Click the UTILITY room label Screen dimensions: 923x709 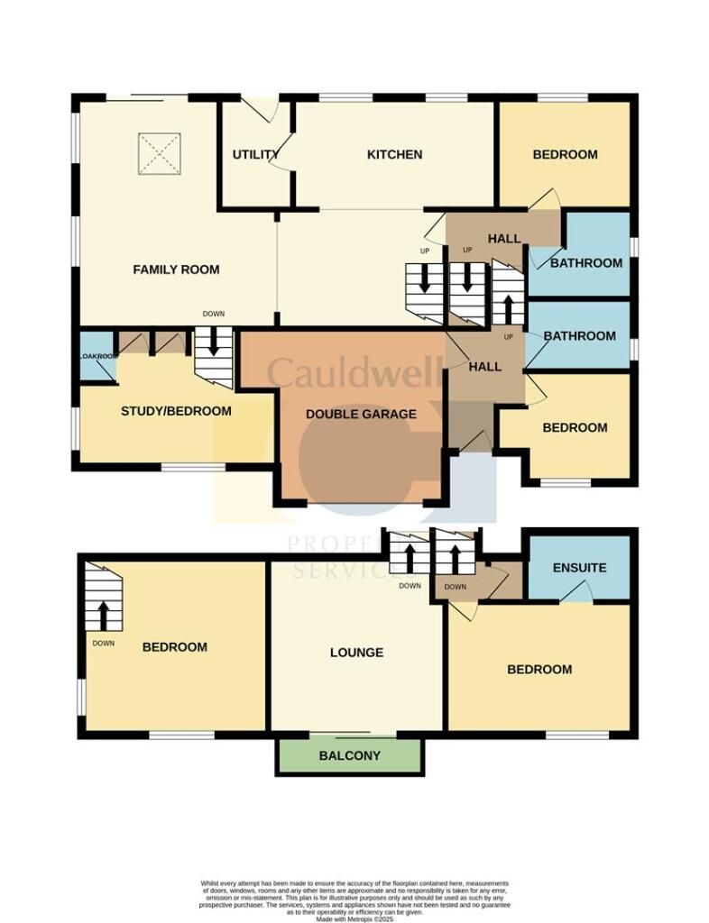(x=255, y=155)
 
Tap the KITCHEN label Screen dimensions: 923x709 (x=394, y=155)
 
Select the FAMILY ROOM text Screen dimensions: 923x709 (x=176, y=270)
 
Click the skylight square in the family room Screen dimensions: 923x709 (x=160, y=154)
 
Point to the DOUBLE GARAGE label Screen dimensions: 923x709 (x=361, y=414)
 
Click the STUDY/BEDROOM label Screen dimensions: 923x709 (x=176, y=411)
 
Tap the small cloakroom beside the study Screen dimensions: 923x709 (x=97, y=357)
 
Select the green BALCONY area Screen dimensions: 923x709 (x=349, y=755)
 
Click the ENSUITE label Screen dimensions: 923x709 (x=580, y=568)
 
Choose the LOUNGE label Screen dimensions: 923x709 (x=356, y=653)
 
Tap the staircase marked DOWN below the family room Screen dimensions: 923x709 (x=214, y=357)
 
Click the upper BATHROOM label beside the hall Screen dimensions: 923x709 (x=586, y=263)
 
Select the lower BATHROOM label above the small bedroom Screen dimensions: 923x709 (x=580, y=336)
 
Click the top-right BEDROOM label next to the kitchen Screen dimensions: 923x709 (x=565, y=155)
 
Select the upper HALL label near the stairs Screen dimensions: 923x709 (x=504, y=239)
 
